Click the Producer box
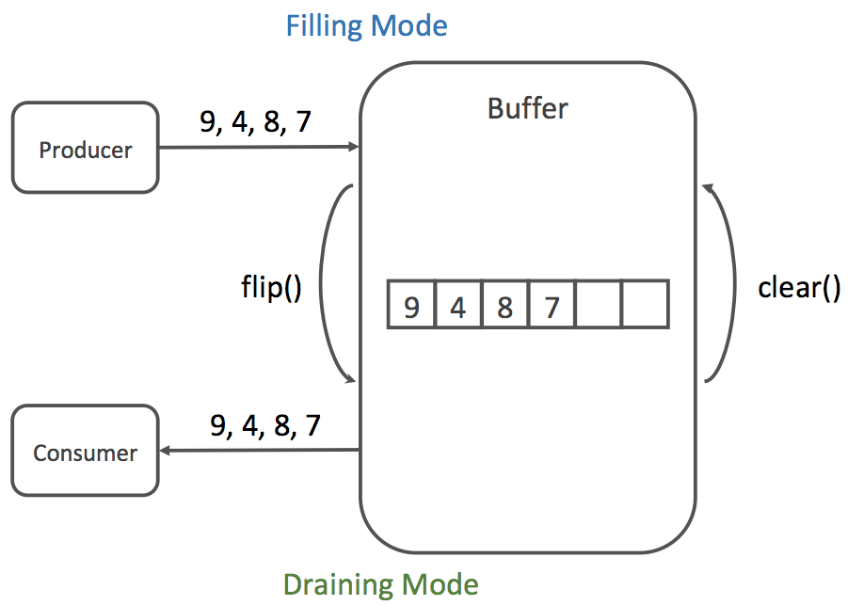85,148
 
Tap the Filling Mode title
366,24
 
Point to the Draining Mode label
380,584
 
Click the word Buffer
527,108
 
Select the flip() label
271,286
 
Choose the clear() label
799,287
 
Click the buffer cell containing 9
411,304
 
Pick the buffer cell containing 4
458,304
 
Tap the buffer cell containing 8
504,304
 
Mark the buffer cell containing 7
552,304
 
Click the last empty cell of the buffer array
645,304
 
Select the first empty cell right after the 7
599,304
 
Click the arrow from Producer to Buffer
259,147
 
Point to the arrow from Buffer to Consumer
259,451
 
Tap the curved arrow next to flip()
329,282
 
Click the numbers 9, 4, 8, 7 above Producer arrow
255,122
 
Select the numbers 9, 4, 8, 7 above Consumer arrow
264,425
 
